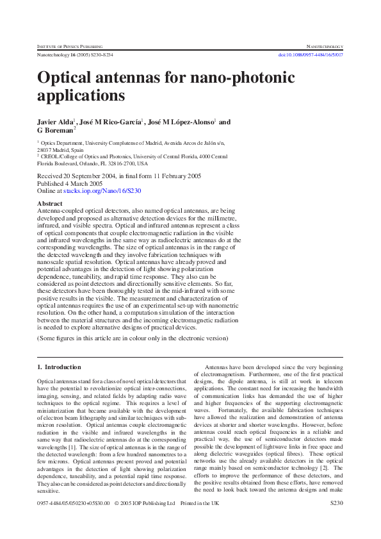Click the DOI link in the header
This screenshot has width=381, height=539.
click(x=311, y=56)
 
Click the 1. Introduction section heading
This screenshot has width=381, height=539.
click(x=59, y=367)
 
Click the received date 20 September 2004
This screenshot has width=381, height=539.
click(x=91, y=176)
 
